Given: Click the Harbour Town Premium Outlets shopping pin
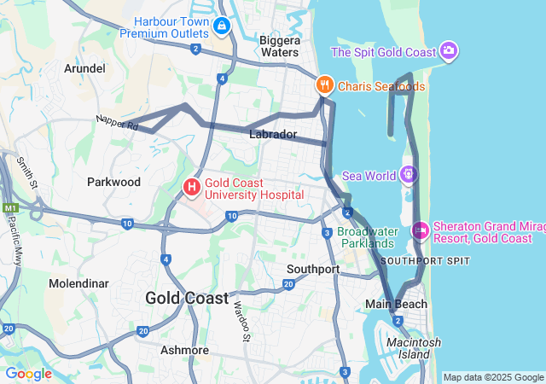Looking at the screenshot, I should (222, 26).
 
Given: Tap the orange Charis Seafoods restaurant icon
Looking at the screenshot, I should (324, 85).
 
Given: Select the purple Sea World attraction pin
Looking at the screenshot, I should (409, 175).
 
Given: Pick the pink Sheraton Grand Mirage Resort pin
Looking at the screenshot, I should (420, 230).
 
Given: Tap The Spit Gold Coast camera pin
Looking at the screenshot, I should (450, 51).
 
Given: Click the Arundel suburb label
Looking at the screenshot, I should (84, 68).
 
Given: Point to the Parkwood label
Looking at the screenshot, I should (113, 182).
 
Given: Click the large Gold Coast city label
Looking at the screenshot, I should (187, 298).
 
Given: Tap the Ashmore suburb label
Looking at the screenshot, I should (185, 350).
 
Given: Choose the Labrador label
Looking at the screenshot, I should (273, 135).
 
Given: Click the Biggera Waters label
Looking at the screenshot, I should (280, 46).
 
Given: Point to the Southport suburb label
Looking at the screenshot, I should (313, 269).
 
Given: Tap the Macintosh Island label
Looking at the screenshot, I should (414, 348).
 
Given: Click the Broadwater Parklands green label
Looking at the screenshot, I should (368, 237).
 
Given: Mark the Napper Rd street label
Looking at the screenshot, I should (117, 123).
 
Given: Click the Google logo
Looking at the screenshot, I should (28, 374).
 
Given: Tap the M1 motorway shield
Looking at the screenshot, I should (10, 207).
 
